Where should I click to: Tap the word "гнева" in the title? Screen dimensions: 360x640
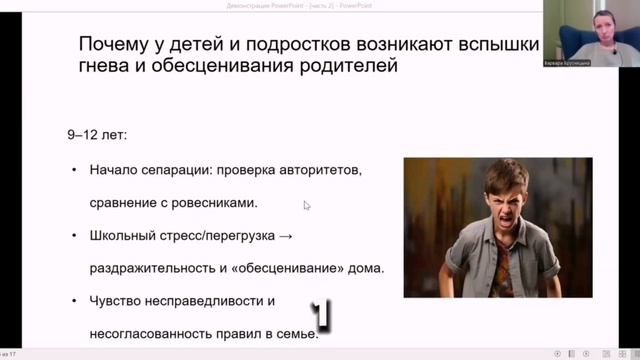point(105,68)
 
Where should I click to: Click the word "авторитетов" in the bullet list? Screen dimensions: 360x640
point(320,169)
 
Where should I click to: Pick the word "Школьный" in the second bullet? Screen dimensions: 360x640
point(125,236)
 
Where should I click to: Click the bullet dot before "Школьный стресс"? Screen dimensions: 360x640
point(73,236)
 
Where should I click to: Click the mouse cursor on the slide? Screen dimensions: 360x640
point(306,205)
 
